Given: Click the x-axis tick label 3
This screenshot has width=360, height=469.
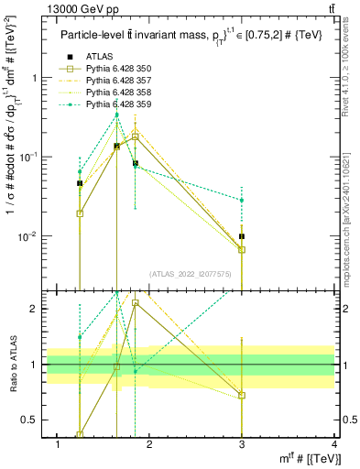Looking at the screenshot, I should pyautogui.click(x=242, y=444).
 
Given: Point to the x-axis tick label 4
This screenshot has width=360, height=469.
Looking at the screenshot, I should pyautogui.click(x=334, y=444).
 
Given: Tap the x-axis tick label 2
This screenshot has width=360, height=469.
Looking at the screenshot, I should pyautogui.click(x=149, y=444).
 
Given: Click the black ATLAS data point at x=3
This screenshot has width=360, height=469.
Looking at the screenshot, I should pyautogui.click(x=242, y=236).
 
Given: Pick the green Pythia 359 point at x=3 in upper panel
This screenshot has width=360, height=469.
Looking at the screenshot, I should pyautogui.click(x=242, y=200).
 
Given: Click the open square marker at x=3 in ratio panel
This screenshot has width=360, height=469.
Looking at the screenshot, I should pyautogui.click(x=242, y=396).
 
